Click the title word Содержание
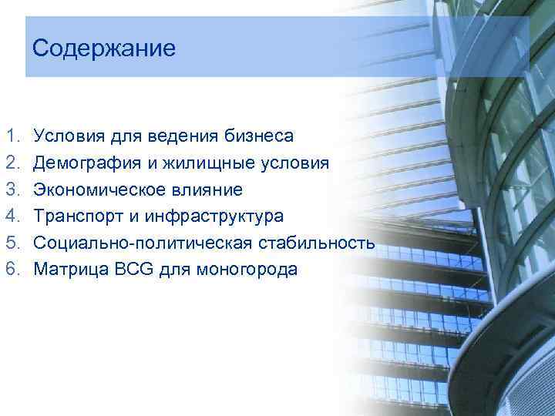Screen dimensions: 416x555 tap(104, 49)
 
